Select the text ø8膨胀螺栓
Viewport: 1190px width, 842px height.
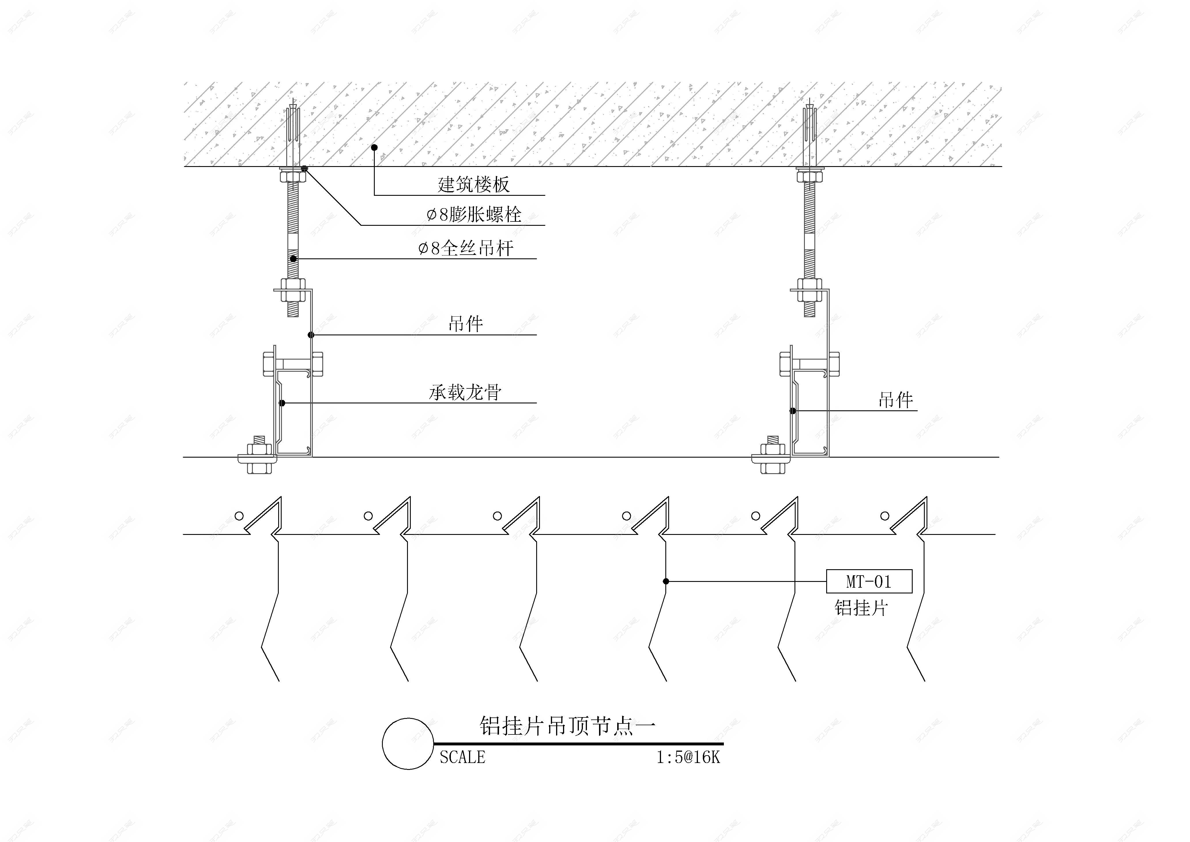[x=474, y=214]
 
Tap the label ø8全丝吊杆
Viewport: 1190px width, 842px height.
[x=466, y=248]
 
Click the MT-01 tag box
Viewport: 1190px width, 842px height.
[x=869, y=581]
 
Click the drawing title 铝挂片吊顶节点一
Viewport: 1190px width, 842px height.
[x=567, y=726]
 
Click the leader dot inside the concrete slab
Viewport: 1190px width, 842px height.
[x=374, y=147]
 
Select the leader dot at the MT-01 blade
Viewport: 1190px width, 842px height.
[x=666, y=581]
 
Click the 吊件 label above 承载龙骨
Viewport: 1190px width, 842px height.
[x=466, y=324]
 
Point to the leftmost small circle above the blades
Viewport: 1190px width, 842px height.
[x=239, y=516]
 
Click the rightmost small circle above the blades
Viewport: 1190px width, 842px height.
[x=885, y=516]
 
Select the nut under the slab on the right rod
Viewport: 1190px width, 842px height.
[x=809, y=177]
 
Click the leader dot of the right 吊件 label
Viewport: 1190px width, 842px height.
[x=792, y=411]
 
